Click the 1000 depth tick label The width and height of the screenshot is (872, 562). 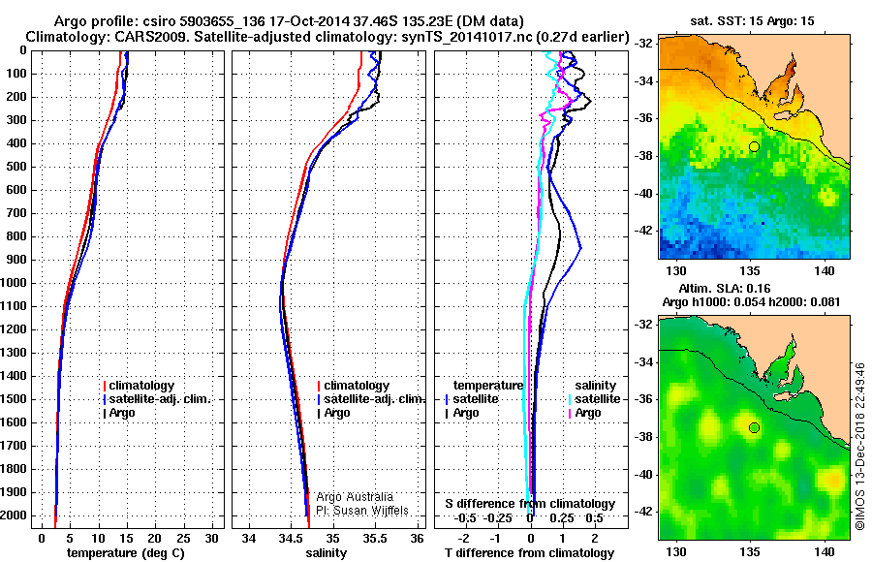click(x=16, y=283)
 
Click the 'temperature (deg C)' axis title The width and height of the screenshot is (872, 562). click(x=125, y=553)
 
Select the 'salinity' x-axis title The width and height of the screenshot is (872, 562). click(x=326, y=553)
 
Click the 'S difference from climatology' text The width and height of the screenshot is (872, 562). click(x=529, y=504)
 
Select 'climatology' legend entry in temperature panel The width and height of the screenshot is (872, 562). click(x=141, y=386)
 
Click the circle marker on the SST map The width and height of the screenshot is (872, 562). click(x=754, y=146)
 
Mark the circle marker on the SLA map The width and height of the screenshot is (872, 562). click(x=754, y=427)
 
